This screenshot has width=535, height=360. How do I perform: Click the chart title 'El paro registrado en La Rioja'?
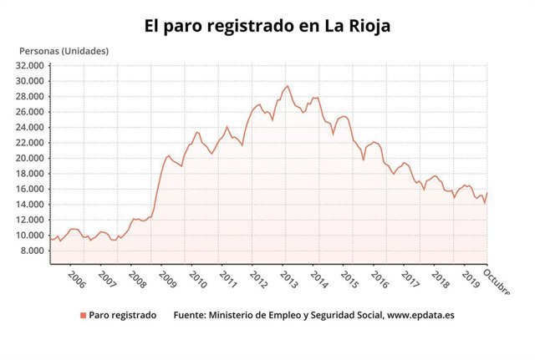point(267,27)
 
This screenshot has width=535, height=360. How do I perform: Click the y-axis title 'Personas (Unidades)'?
point(64,51)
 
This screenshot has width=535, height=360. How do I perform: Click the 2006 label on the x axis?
point(75,279)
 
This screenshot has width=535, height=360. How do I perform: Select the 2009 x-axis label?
point(166,279)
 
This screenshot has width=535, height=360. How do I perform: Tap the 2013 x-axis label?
point(288,279)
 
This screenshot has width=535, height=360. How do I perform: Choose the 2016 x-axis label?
point(379,279)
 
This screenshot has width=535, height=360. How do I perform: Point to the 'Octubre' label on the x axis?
point(500,284)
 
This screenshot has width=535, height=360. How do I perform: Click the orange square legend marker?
point(83,315)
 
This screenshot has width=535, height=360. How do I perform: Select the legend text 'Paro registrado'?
point(122,315)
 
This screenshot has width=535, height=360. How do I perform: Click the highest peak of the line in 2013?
point(288,86)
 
